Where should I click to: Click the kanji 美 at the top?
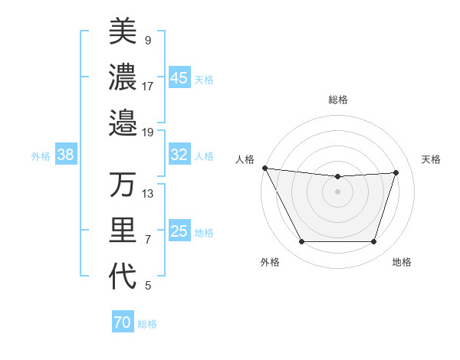tap(123, 31)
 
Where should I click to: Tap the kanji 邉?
tap(123, 122)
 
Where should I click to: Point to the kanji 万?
tap(123, 185)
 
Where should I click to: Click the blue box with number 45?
tap(179, 77)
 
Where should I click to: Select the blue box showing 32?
tap(179, 155)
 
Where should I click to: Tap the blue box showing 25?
tap(179, 231)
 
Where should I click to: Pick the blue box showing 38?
tap(66, 155)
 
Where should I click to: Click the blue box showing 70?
tap(123, 322)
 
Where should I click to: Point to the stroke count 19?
tap(148, 133)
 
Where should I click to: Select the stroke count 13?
tap(148, 194)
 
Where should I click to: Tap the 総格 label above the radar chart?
tap(338, 100)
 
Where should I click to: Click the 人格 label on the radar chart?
tap(245, 159)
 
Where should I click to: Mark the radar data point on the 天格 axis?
tap(396, 172)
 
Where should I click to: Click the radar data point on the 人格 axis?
tap(264, 168)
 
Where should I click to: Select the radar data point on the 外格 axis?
tap(301, 242)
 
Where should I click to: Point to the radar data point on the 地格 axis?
tap(374, 242)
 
